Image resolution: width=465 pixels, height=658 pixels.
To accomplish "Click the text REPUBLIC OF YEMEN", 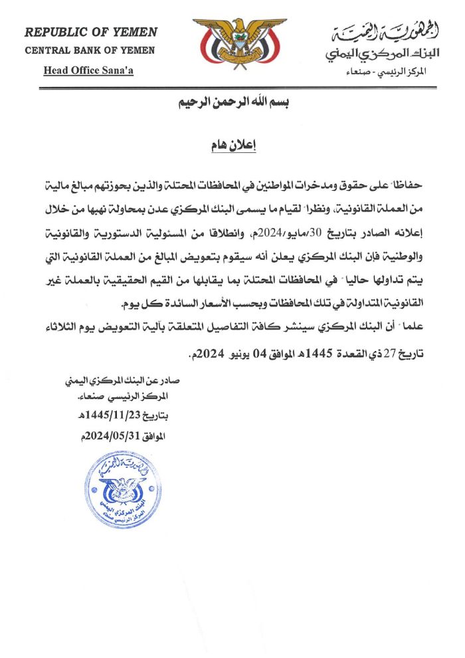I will (91, 32).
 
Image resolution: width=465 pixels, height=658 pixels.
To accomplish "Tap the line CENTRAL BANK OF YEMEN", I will (90, 51).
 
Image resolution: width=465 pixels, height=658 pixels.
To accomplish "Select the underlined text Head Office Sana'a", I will (88, 70).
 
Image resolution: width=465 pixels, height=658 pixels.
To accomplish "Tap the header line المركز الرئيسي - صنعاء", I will (391, 70).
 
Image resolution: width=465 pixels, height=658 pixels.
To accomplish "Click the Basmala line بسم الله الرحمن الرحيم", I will (229, 103).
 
